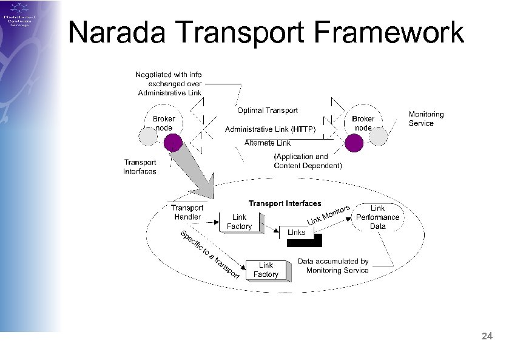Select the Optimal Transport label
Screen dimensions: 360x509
pos(267,110)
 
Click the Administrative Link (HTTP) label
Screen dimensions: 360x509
pos(270,129)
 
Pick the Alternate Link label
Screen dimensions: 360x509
pos(267,143)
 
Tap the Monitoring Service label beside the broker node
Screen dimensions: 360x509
pos(426,118)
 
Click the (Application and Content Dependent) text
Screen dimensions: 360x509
pos(308,161)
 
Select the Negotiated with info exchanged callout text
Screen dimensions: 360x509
pos(169,84)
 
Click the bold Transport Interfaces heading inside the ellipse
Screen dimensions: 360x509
pos(285,203)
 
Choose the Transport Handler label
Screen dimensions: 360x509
pos(187,212)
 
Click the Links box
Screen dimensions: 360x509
pos(297,233)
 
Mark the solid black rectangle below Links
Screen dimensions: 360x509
pos(305,243)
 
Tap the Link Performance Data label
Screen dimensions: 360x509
pos(377,217)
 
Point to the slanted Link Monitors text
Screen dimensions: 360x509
pos(329,214)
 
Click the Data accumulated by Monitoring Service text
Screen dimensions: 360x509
pos(333,266)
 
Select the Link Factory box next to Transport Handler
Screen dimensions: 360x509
pos(240,222)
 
